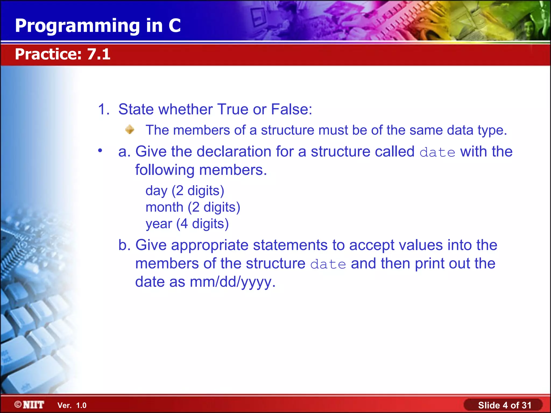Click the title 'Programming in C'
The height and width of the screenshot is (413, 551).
98,26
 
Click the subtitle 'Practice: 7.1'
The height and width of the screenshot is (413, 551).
62,54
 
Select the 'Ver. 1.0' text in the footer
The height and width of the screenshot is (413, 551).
72,405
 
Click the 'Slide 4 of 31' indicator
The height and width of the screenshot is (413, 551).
504,405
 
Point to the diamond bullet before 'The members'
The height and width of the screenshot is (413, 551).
130,130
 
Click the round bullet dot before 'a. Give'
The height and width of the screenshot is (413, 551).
100,151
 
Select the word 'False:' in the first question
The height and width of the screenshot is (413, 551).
291,109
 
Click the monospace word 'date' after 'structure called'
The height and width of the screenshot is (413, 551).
437,152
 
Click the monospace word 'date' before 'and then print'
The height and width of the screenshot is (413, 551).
328,264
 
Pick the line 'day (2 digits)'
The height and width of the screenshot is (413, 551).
185,191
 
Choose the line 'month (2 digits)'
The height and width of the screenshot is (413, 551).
193,207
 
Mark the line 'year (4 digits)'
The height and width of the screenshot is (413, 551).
187,224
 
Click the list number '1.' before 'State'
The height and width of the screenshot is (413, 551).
104,109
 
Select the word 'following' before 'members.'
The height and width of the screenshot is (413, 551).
165,170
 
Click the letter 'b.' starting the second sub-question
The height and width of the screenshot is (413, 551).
124,245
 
